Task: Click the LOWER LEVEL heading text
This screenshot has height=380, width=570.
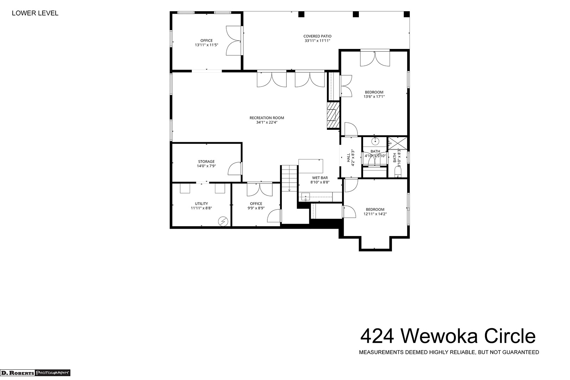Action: tap(35, 13)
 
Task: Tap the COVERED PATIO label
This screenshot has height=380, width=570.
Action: tap(317, 36)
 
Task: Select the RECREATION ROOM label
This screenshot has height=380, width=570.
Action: tap(267, 118)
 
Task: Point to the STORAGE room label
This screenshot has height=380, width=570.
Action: tap(207, 161)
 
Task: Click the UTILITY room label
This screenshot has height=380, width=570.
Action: tap(202, 204)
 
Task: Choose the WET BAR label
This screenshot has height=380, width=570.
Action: tap(320, 178)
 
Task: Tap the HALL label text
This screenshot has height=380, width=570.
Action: tap(348, 158)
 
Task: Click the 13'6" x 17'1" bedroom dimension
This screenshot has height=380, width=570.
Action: tap(374, 97)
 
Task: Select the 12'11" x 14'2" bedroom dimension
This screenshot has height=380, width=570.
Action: tap(375, 214)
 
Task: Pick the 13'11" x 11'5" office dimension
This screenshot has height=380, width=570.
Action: tap(207, 45)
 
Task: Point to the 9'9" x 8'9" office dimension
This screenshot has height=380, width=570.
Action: tap(256, 208)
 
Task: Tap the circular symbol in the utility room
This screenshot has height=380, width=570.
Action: tap(223, 221)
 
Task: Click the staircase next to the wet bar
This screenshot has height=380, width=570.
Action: tap(289, 178)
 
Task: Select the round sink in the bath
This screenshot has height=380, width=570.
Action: tap(375, 141)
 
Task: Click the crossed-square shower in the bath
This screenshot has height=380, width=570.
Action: tap(398, 143)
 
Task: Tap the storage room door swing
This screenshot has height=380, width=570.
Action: tap(235, 169)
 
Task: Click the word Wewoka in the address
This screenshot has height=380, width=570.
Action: tap(439, 336)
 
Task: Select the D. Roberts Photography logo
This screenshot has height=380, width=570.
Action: tap(35, 373)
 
